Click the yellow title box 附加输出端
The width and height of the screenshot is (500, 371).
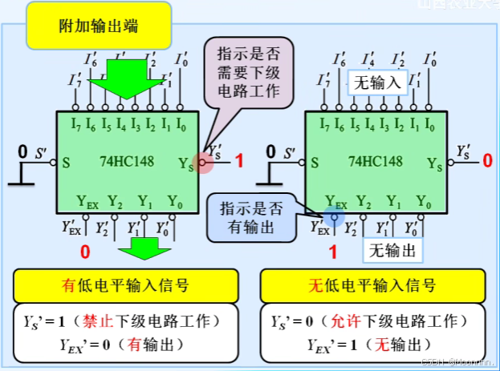(98, 25)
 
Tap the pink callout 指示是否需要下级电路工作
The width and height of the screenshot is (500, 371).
(248, 72)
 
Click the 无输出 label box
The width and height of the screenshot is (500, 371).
(393, 251)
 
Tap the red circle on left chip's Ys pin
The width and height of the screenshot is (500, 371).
(204, 163)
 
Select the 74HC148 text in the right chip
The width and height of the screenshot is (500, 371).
(376, 161)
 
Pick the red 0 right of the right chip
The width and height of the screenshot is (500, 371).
(487, 161)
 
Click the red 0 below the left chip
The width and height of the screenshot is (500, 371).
(86, 251)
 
